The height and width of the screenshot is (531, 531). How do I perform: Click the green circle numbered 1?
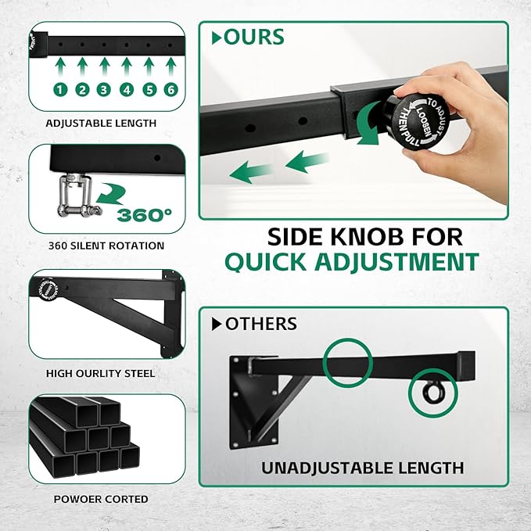[x=60, y=90]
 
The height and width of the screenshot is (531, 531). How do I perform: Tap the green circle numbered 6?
[x=170, y=90]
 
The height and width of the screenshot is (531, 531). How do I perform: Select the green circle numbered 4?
[x=127, y=90]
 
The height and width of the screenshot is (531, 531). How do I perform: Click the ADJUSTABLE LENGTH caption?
[x=101, y=123]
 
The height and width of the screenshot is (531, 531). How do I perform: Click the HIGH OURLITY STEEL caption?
[x=101, y=373]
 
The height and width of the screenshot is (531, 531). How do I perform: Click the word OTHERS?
[x=260, y=323]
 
